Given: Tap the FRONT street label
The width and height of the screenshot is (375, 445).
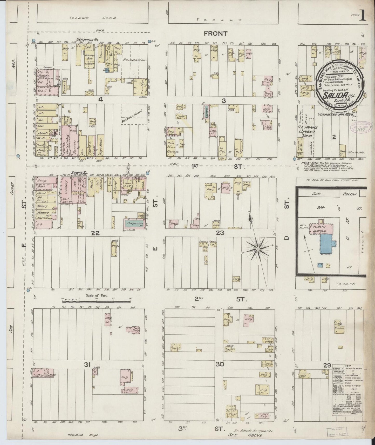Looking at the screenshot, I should click(x=215, y=33).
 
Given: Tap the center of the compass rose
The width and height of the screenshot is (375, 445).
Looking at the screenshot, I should click(x=258, y=249).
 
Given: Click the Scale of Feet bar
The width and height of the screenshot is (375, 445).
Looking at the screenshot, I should click(x=96, y=301).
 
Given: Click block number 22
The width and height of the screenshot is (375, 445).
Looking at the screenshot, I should click(x=96, y=233).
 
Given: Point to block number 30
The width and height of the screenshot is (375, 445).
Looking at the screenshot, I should click(x=220, y=364).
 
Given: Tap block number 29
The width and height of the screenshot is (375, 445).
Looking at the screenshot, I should click(x=326, y=365).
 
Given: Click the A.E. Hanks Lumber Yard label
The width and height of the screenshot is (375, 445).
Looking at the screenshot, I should click(x=308, y=132).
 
